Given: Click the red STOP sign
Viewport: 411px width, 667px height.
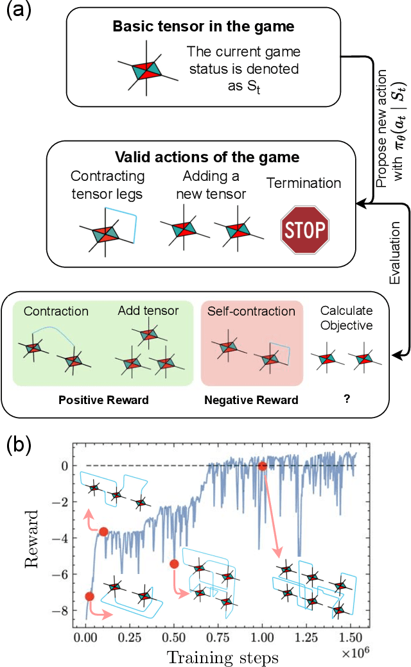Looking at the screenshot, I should coord(304,227).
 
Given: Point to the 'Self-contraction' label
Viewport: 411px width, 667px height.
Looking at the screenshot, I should coord(251,312).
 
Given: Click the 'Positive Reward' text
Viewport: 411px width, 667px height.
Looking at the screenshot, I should coord(103,400).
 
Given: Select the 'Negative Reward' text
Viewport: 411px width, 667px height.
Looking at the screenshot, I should coord(251,400).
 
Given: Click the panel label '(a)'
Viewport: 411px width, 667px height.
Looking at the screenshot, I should coord(17,12).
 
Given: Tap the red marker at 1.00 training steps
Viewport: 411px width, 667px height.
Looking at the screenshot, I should coord(262,466).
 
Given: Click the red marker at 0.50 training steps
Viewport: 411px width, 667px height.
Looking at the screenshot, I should coord(174,564).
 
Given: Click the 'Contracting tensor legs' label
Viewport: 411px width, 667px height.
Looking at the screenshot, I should coord(107,184).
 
